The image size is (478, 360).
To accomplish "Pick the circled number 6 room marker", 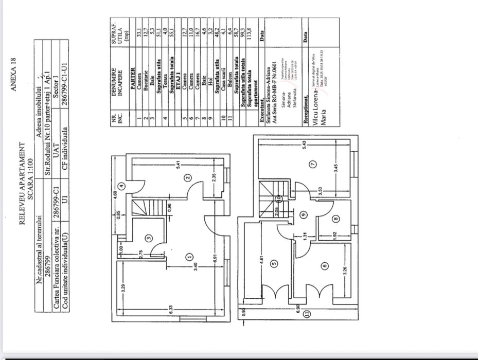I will [x=324, y=266].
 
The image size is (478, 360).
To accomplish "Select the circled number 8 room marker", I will [x=335, y=218].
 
